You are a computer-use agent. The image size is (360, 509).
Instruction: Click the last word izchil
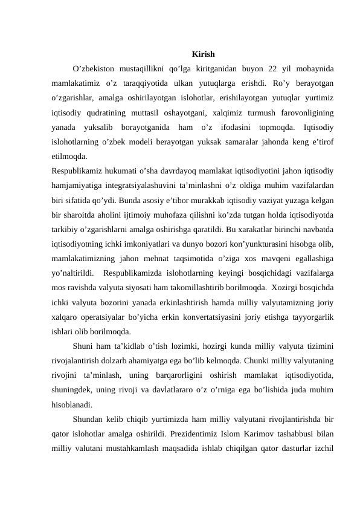327,449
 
